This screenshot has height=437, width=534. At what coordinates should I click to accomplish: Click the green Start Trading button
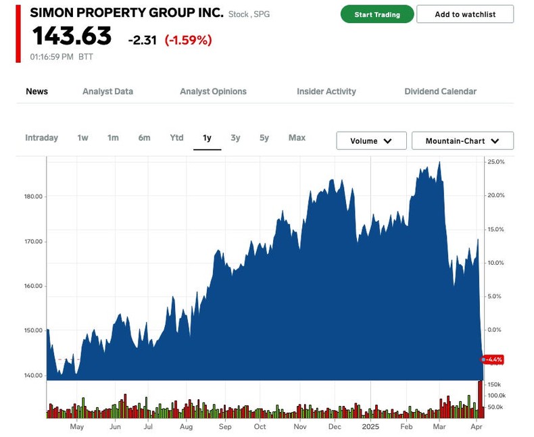(x=377, y=14)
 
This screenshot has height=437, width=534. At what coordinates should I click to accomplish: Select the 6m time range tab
(x=144, y=138)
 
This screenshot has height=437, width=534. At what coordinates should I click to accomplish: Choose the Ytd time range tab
(x=176, y=138)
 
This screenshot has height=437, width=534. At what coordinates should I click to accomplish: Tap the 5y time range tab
(x=264, y=138)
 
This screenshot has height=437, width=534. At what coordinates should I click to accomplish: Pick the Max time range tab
(x=297, y=138)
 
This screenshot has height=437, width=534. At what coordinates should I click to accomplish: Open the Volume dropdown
(x=371, y=141)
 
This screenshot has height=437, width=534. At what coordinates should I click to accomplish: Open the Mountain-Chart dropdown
(x=462, y=141)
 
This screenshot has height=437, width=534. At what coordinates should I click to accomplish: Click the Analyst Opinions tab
(x=213, y=91)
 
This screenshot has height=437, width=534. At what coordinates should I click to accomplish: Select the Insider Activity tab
(x=326, y=91)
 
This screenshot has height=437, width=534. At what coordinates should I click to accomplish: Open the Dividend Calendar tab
(x=440, y=91)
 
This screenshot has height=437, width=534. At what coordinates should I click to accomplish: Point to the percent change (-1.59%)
(x=188, y=40)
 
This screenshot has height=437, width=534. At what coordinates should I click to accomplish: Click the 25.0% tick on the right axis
(x=496, y=162)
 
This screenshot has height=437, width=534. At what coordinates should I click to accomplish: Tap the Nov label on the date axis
(x=300, y=427)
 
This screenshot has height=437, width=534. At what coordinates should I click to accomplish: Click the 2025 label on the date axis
(x=371, y=427)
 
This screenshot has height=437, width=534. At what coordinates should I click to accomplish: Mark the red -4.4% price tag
(x=494, y=360)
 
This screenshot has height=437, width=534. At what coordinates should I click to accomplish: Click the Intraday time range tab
(x=41, y=138)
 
